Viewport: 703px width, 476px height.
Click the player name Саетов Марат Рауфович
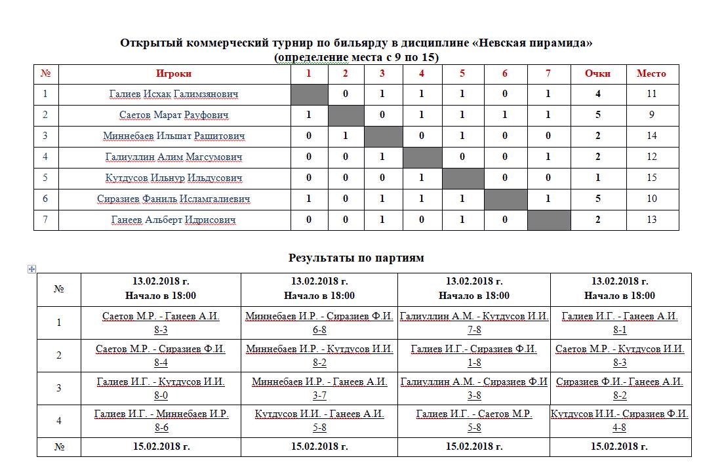[174, 115]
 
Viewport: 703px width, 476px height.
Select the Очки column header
[597, 73]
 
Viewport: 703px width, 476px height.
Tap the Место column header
[651, 73]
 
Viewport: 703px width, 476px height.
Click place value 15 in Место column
[651, 178]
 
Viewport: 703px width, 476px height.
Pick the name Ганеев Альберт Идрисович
[174, 220]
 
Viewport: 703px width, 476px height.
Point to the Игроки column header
[174, 73]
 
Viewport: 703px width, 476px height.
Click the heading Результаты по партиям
[356, 258]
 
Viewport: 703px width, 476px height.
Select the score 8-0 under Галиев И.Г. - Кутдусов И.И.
[161, 395]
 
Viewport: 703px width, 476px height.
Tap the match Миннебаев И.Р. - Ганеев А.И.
[319, 382]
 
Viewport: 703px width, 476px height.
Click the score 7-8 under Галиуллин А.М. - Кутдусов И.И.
[474, 330]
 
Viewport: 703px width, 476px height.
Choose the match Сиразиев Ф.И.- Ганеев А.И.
[620, 382]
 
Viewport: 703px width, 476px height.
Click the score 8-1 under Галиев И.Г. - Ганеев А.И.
[620, 330]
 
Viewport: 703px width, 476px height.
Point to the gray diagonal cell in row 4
[422, 157]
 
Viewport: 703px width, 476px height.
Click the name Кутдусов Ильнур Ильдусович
[174, 178]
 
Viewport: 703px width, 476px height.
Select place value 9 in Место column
[651, 115]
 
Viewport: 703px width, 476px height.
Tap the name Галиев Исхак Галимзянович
[174, 94]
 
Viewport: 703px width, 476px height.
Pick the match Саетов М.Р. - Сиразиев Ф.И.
[161, 349]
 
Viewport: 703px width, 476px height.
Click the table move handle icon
[32, 269]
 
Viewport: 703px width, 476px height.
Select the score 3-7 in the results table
[319, 395]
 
